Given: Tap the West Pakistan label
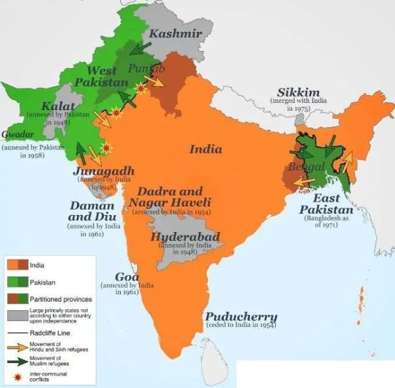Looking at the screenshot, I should tap(102, 76).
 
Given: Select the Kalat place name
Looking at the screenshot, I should tap(58, 106).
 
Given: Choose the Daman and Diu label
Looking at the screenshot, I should tap(93, 210).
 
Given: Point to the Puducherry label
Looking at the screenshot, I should tap(240, 317).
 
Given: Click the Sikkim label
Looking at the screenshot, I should tap(298, 92).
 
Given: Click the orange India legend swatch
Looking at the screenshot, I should tap(17, 265).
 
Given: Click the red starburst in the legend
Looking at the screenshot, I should tap(17, 376).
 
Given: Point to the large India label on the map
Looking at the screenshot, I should tap(205, 149).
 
